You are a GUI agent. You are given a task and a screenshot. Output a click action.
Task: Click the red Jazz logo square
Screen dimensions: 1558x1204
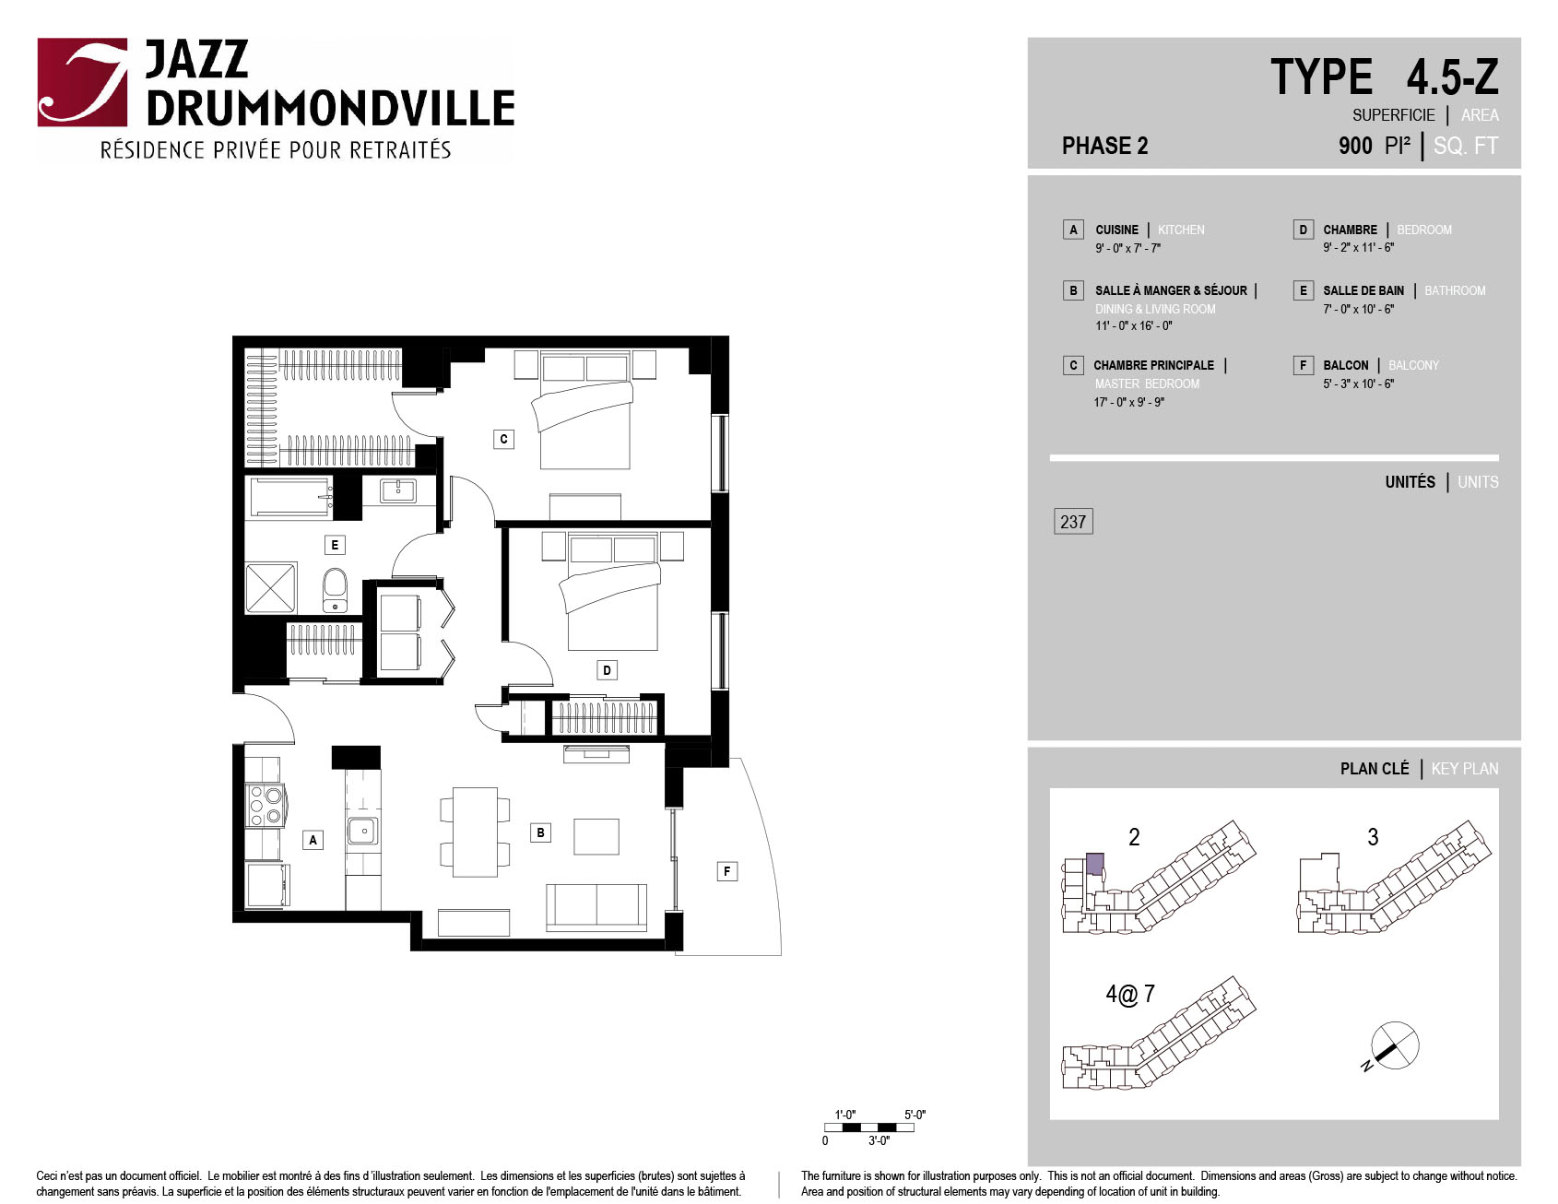(82, 82)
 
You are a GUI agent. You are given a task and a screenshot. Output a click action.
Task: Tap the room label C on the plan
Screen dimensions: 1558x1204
(503, 439)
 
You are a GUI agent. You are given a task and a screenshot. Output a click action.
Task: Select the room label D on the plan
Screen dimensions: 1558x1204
(607, 670)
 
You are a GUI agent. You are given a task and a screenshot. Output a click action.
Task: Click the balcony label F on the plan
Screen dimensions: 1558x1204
(726, 871)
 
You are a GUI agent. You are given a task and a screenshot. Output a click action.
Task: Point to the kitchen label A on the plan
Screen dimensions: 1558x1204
(313, 840)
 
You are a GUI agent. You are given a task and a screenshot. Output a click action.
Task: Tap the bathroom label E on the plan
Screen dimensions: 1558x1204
(335, 545)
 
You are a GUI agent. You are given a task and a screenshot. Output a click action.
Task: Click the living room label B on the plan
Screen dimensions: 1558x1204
(540, 832)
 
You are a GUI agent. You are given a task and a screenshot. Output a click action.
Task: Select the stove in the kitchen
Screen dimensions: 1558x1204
(266, 805)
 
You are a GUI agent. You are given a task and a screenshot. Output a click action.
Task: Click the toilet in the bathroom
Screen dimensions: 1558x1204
(335, 590)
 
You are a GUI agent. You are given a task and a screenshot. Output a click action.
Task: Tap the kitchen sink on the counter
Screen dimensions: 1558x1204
(363, 831)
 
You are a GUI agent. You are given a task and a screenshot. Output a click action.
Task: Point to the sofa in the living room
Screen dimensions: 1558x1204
(596, 907)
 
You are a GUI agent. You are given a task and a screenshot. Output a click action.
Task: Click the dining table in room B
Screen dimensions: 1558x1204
(475, 832)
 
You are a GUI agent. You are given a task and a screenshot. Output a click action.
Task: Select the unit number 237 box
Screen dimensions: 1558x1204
(1073, 522)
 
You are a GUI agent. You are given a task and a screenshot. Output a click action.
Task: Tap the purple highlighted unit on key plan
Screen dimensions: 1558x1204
(1095, 864)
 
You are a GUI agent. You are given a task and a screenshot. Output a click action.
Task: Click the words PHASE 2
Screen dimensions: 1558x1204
(1104, 146)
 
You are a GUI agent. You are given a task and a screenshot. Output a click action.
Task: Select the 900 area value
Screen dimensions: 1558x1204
(1355, 146)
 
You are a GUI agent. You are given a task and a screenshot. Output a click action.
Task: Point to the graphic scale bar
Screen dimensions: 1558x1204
(869, 1127)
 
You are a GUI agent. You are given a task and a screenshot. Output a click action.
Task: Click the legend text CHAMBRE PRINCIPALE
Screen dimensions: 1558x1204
(1153, 365)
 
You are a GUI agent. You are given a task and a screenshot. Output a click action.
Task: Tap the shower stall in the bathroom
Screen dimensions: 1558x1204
(271, 587)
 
